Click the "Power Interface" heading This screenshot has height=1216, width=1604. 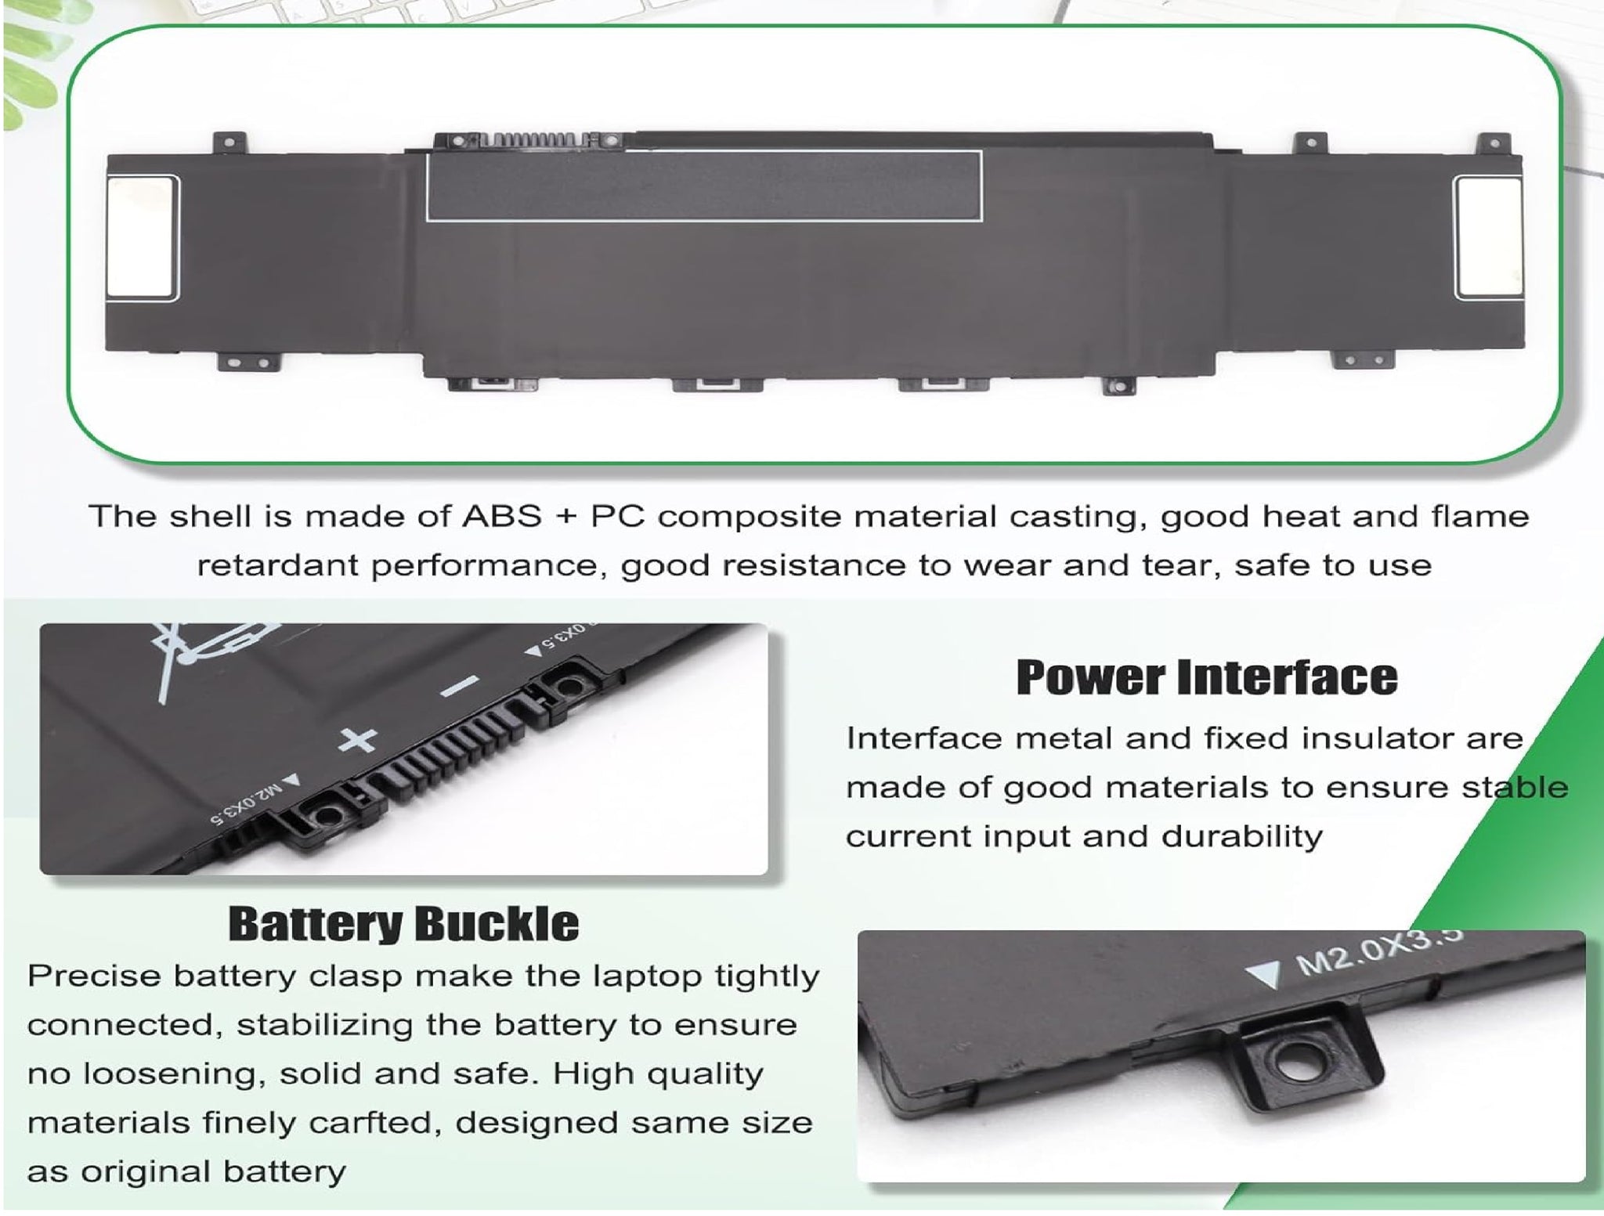tap(1207, 677)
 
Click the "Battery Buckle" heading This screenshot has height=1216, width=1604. tap(404, 924)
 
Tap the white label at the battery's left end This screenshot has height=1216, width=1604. tap(142, 236)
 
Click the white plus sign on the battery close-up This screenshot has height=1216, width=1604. tap(357, 740)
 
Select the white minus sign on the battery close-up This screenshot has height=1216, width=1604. tap(461, 686)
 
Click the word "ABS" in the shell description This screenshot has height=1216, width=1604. tap(502, 517)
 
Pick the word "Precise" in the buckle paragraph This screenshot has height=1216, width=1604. tap(93, 976)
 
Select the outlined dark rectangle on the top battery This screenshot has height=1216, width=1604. tap(704, 185)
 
